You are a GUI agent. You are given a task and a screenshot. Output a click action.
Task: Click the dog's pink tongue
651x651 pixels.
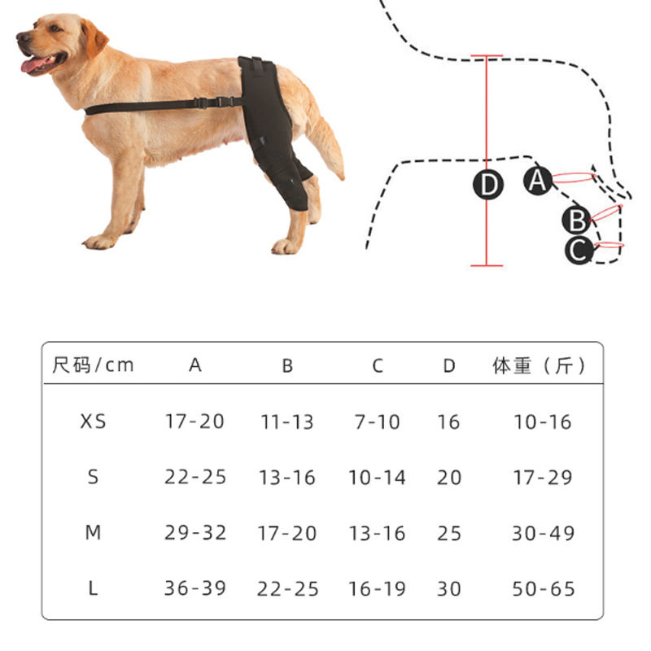click(x=35, y=64)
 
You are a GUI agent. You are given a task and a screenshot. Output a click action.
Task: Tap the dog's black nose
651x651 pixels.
click(x=22, y=37)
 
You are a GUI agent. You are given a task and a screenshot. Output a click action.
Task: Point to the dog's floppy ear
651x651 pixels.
click(x=94, y=38)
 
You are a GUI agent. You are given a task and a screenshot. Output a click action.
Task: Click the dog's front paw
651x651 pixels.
click(x=98, y=242)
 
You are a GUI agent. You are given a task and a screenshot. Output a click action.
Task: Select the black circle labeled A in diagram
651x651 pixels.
click(x=538, y=181)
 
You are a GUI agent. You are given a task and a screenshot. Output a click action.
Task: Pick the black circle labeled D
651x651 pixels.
click(x=488, y=185)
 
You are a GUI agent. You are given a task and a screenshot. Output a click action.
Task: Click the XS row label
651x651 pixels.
click(x=94, y=422)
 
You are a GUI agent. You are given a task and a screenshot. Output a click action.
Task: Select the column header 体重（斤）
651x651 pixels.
click(x=539, y=365)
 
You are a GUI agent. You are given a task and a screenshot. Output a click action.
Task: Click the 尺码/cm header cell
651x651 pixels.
click(x=93, y=365)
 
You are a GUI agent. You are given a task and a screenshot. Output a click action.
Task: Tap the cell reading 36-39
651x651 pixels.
click(x=195, y=588)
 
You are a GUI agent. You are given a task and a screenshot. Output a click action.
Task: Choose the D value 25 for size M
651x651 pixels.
click(x=449, y=533)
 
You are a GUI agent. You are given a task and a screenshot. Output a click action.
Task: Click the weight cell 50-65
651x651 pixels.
click(x=544, y=588)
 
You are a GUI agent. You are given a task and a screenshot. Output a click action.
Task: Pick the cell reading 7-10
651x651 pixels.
click(x=378, y=422)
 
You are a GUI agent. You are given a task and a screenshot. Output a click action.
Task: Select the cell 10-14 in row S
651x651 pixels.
click(x=377, y=477)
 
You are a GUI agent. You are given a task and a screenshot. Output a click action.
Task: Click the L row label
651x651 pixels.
click(x=93, y=588)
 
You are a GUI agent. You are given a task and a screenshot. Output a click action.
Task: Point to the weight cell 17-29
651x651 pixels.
click(x=543, y=478)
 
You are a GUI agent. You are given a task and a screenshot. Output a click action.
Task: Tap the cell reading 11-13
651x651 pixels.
click(x=287, y=422)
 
